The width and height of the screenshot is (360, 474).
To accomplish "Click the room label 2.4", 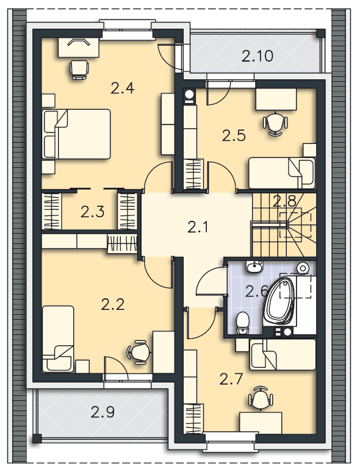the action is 123,88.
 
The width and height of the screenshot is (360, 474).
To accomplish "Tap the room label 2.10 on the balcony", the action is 257,56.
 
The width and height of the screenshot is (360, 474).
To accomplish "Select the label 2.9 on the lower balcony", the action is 103,412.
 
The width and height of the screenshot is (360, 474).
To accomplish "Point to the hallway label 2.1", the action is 198,227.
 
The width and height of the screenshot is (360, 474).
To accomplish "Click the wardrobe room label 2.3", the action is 93,212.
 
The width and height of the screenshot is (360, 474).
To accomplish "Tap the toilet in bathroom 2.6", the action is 242,323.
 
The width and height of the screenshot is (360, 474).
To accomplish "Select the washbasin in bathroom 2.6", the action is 254,267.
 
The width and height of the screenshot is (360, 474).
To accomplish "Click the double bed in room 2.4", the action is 76,134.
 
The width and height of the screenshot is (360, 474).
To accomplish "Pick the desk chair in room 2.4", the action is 79,70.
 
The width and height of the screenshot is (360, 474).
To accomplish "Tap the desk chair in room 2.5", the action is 275,124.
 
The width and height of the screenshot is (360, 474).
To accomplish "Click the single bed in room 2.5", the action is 282,173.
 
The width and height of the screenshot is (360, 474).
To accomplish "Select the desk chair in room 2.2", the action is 139,351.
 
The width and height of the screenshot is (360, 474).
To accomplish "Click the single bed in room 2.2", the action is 58,339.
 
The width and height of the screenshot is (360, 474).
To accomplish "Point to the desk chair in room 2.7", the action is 261,398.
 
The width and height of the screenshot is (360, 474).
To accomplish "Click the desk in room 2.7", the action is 261,423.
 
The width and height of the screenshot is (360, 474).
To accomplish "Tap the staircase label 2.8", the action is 284,201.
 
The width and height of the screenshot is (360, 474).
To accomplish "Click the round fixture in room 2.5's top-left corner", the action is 190,96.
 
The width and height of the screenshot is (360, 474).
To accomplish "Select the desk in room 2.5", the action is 276,99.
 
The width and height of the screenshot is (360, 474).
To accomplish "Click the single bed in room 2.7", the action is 283,354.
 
